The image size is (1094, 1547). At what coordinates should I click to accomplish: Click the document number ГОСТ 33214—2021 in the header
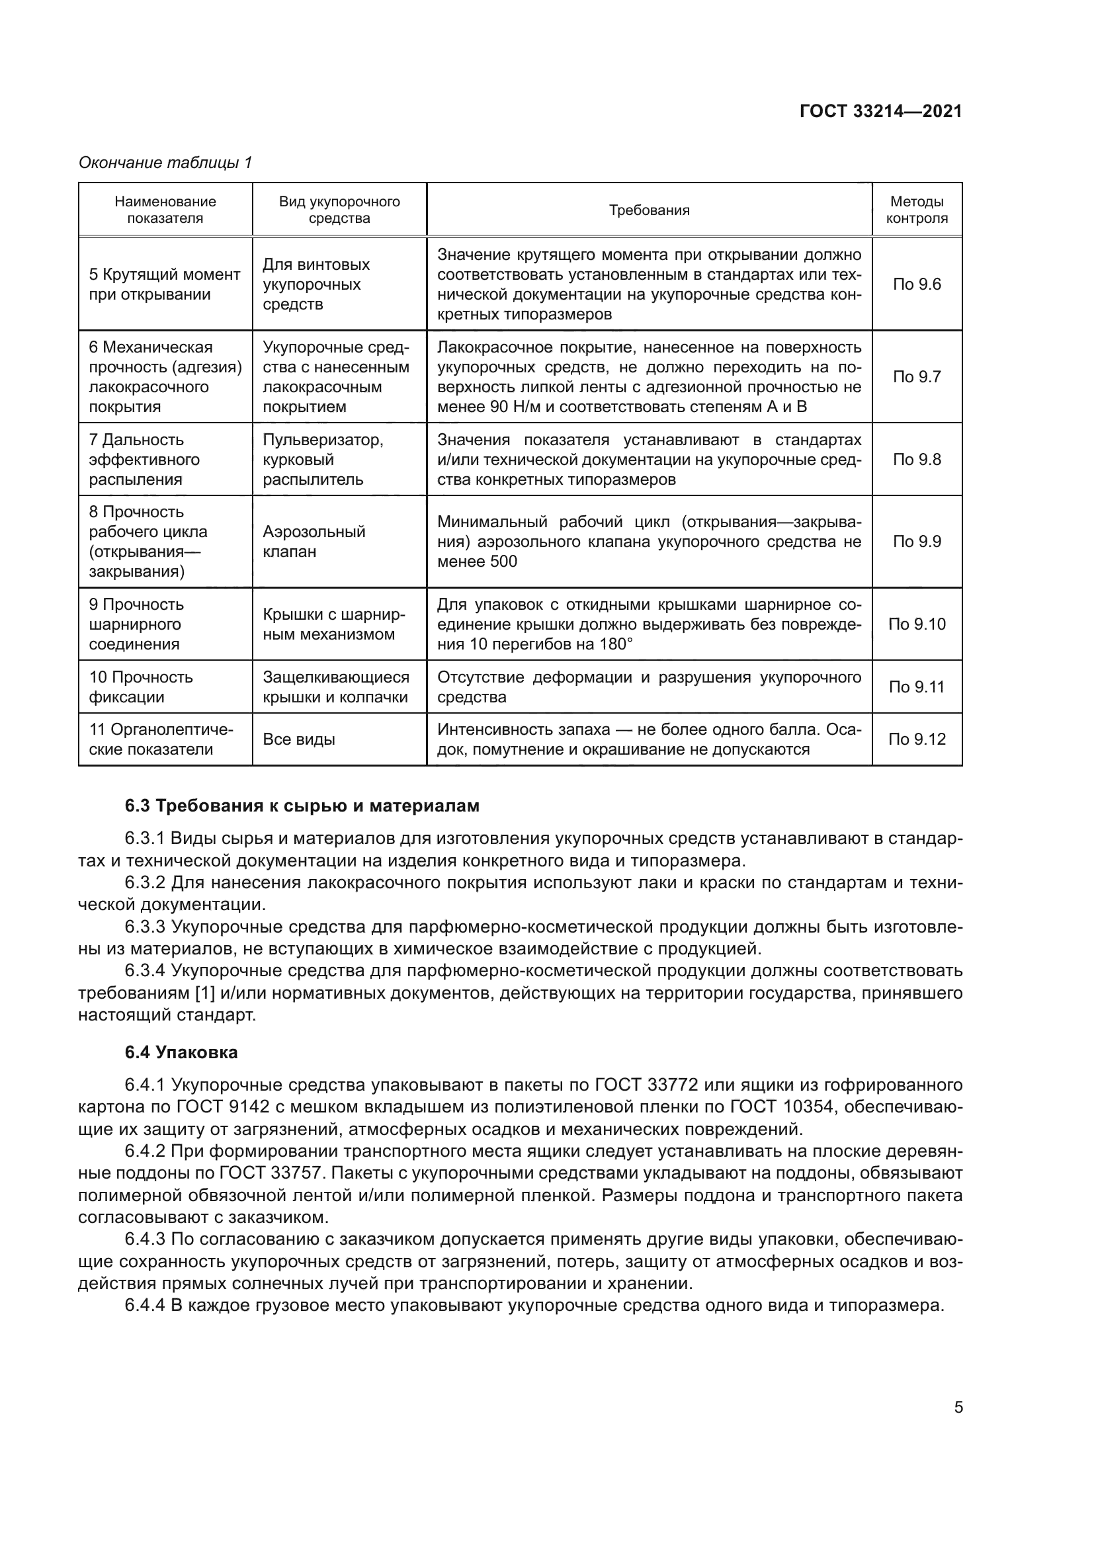pos(880,111)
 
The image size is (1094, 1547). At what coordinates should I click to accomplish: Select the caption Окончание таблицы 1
pos(165,163)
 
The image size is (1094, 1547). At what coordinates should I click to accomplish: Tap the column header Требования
pos(649,210)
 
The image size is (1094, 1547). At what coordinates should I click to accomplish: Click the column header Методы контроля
pos(916,210)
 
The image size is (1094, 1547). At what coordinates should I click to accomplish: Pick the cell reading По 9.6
pos(916,284)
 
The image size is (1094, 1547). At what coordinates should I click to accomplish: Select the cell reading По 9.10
pos(916,624)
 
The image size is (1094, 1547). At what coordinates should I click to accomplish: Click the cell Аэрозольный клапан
pos(314,541)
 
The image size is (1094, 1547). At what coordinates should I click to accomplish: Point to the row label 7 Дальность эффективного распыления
pos(144,460)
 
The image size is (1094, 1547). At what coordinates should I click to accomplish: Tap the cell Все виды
pos(298,739)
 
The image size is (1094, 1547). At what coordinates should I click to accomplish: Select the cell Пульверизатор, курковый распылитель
pos(323,460)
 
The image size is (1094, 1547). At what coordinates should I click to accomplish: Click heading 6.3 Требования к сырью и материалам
pos(302,806)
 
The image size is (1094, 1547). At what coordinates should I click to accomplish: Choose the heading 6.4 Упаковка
pos(181,1052)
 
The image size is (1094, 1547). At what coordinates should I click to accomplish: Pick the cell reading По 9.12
pos(916,739)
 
